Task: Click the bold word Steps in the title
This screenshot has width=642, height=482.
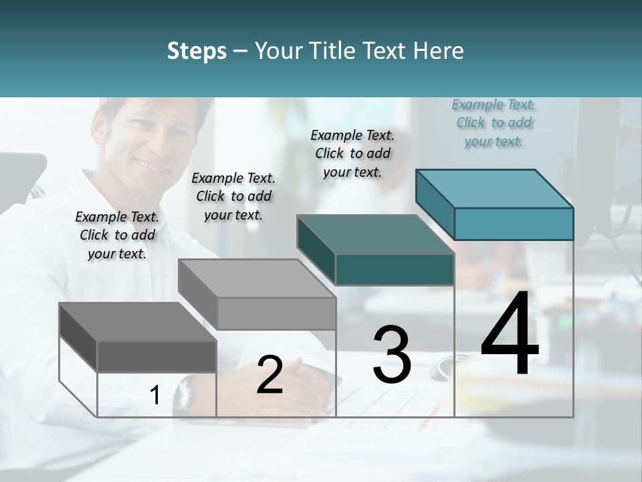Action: click(x=197, y=51)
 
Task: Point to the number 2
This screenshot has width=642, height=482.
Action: click(x=270, y=375)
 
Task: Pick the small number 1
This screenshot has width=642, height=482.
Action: click(x=155, y=396)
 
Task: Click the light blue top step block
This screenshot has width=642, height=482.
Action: click(x=495, y=204)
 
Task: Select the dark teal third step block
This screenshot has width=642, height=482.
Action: click(x=376, y=250)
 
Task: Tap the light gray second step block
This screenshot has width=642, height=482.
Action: click(x=257, y=295)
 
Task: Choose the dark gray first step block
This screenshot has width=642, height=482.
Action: click(x=138, y=337)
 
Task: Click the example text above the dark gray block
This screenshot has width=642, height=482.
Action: click(x=117, y=235)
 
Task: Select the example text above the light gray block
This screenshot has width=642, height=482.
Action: click(x=233, y=196)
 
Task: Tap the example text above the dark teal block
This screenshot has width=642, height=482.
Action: click(x=352, y=153)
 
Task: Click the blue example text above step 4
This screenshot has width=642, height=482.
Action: click(x=494, y=123)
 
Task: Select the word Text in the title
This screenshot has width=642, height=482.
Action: click(x=387, y=51)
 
